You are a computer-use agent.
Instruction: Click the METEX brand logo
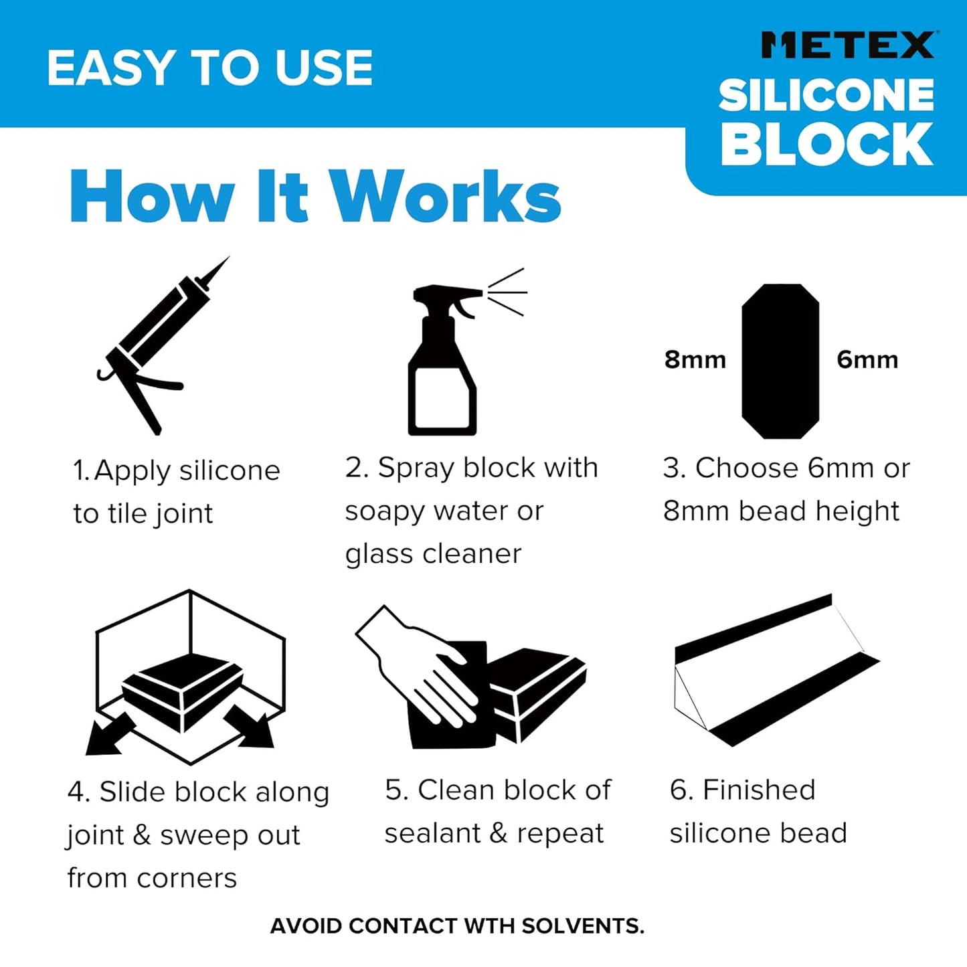(848, 46)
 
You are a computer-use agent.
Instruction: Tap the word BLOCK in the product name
(826, 145)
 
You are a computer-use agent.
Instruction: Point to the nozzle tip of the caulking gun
(226, 260)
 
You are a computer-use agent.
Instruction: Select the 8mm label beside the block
(695, 360)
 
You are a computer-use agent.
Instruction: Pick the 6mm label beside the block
(867, 360)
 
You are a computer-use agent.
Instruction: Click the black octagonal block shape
(780, 361)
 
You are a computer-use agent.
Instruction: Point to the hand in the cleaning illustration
(422, 669)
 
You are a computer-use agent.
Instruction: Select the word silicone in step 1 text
(230, 471)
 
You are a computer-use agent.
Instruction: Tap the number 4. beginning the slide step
(78, 792)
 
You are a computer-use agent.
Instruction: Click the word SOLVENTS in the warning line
(582, 926)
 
